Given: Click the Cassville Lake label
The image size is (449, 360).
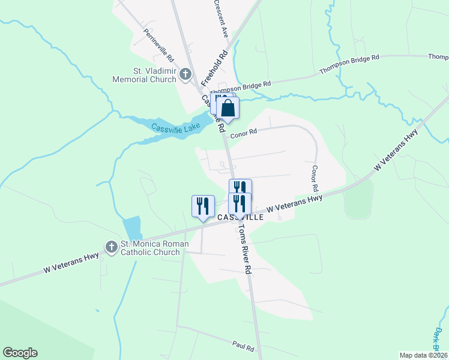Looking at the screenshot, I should tap(175, 127).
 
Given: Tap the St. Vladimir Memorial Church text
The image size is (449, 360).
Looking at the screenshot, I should tap(154, 75).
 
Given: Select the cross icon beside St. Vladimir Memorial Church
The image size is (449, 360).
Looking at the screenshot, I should tap(185, 75).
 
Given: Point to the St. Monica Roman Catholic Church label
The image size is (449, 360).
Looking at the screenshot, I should tap(155, 248).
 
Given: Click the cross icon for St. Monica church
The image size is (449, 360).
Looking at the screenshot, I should tap(111, 247).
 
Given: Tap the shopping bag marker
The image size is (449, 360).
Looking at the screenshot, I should tap(228, 108).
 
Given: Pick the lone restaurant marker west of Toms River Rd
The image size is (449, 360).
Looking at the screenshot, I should tap(203, 206).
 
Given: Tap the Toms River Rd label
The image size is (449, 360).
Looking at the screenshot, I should tap(242, 247).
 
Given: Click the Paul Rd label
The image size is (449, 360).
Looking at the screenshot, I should tap(243, 347).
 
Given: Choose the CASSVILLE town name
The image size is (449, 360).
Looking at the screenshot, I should tap(240, 217).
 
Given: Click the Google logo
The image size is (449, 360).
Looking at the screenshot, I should tap(20, 353).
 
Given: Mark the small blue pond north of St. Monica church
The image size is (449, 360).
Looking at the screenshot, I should tap(131, 229).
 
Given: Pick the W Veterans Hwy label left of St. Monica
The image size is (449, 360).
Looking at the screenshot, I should tap(71, 265).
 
